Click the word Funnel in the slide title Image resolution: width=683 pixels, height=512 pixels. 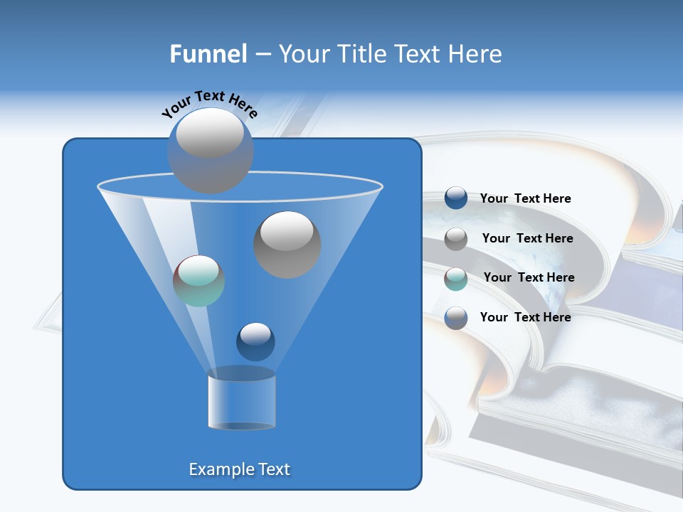[208, 54]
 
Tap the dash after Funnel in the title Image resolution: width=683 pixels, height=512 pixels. [262, 55]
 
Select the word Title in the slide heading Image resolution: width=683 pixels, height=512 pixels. [362, 54]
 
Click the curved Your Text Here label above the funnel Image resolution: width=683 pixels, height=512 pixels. [209, 103]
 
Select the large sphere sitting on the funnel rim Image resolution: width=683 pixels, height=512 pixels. [210, 150]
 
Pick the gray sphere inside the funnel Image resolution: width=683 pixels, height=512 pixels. [287, 244]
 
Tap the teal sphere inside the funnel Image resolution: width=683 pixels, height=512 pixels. [198, 281]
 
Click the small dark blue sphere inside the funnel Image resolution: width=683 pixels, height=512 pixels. [255, 341]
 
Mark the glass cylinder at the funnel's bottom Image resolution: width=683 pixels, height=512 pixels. [241, 402]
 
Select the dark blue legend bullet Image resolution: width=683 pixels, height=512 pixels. [456, 198]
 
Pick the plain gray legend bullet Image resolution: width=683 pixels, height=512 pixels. [456, 238]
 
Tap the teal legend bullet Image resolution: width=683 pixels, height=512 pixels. [456, 278]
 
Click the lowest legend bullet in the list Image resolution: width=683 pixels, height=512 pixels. [456, 318]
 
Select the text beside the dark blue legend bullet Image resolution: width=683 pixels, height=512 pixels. [525, 198]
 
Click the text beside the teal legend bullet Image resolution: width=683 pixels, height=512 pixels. [529, 277]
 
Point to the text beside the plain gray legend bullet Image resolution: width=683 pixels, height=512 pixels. [527, 238]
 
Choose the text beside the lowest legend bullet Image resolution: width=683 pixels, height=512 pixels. [525, 317]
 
